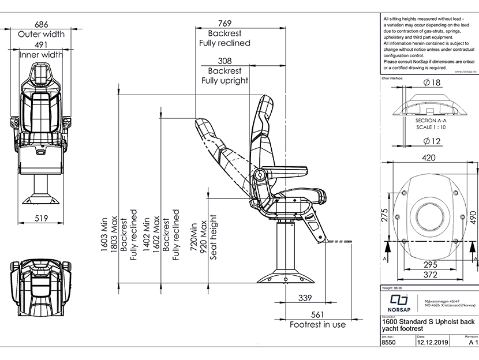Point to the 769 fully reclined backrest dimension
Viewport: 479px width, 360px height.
(x=224, y=23)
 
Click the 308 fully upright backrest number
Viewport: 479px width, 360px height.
(x=224, y=61)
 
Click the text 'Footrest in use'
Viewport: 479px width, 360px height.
(x=317, y=324)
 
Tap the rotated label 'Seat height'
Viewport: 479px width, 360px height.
(x=213, y=237)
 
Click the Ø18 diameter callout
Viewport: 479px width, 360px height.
(x=431, y=82)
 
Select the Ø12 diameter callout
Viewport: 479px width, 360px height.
(x=431, y=141)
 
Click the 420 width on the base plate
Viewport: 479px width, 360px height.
(x=428, y=157)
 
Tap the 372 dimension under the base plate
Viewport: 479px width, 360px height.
(x=428, y=276)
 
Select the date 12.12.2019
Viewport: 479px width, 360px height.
(x=432, y=342)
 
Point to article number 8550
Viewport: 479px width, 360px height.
(x=390, y=342)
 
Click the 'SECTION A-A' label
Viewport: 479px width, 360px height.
(x=431, y=121)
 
